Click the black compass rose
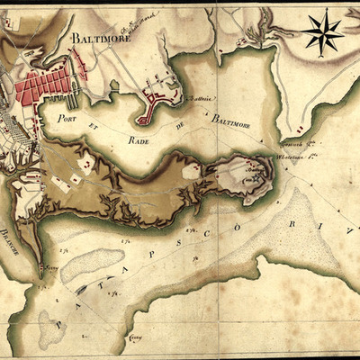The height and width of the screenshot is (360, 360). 322,31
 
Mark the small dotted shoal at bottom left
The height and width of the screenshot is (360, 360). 49,325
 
